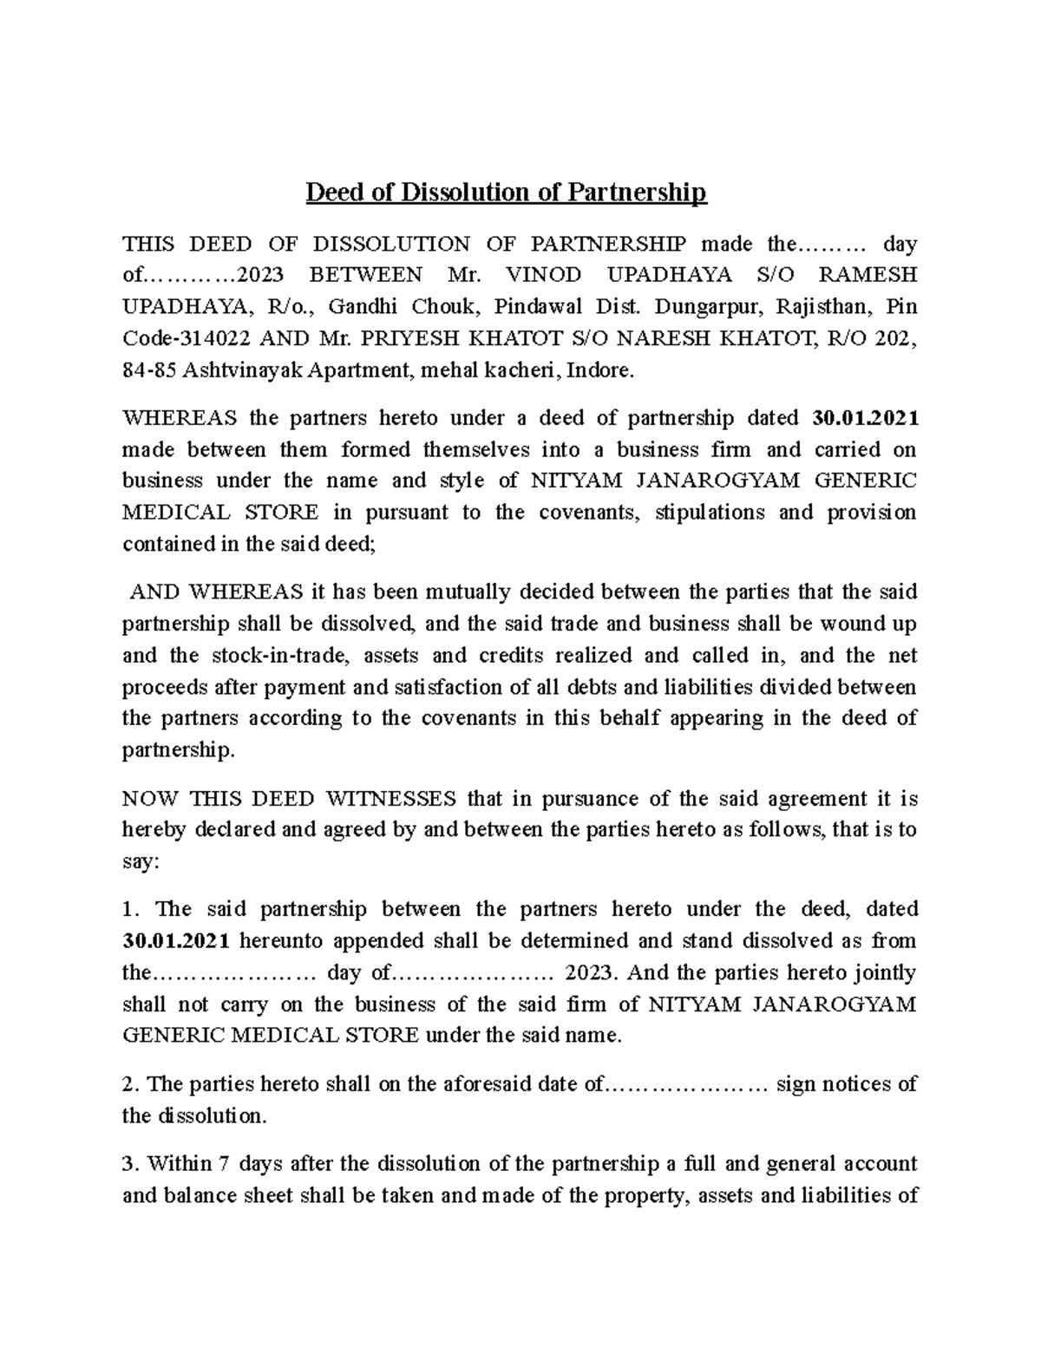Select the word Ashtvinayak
[234, 370]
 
